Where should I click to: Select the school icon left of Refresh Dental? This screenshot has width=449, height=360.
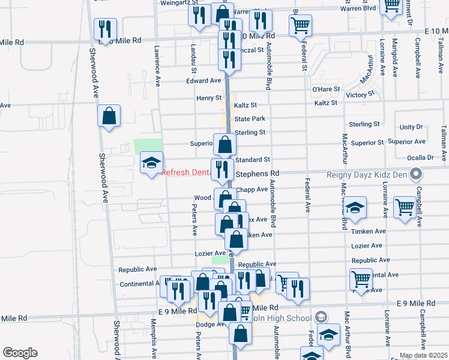[151, 162]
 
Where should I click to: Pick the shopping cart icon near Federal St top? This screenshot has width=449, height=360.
[300, 25]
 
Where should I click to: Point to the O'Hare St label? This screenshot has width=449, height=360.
[325, 89]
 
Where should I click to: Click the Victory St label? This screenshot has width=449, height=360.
[360, 94]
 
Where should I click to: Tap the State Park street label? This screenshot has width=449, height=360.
[250, 119]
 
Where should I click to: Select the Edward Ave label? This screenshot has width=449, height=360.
[203, 81]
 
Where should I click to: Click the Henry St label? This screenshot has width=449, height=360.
[209, 98]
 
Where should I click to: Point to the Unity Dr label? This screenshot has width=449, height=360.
[411, 127]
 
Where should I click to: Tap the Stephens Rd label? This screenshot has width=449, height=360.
[258, 173]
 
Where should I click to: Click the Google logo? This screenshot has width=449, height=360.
[19, 353]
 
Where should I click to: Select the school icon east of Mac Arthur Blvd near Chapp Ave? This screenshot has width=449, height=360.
[355, 208]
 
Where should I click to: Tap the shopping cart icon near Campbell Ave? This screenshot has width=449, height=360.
[405, 208]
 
